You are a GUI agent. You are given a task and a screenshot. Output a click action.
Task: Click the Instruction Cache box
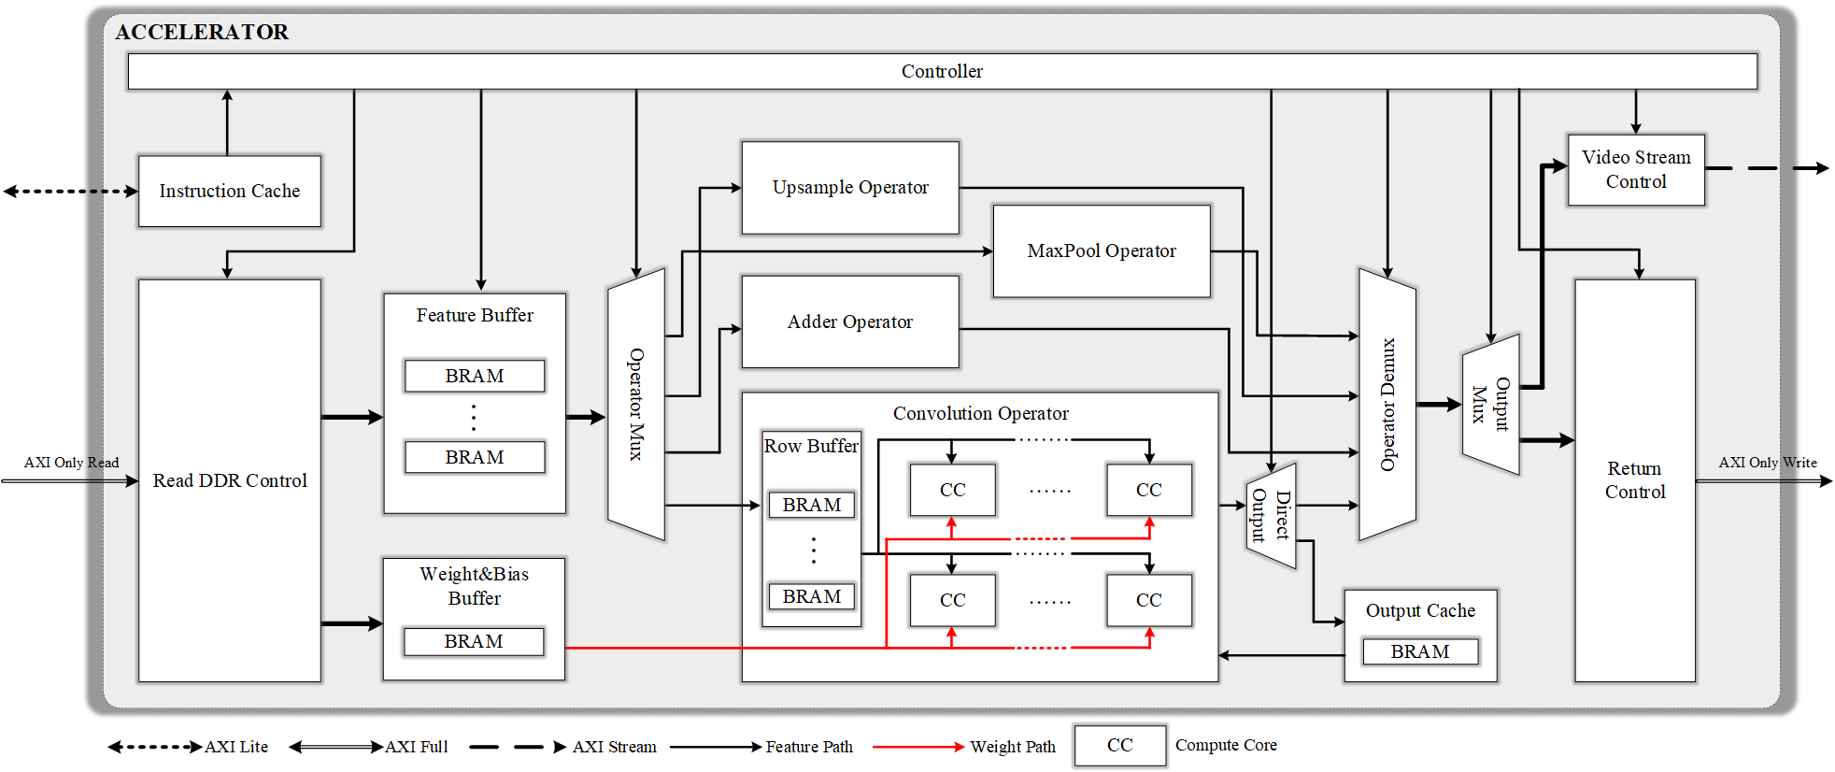tap(229, 191)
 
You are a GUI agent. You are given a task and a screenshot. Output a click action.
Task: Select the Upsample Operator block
tap(850, 187)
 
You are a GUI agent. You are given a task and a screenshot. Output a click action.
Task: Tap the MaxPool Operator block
tap(1101, 250)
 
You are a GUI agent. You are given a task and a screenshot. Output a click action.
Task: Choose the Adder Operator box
tap(850, 322)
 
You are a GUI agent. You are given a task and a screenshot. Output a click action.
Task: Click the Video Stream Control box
tap(1636, 169)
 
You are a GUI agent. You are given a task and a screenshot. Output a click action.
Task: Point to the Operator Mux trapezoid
tap(636, 405)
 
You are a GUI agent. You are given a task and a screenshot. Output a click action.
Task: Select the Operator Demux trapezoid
tap(1387, 405)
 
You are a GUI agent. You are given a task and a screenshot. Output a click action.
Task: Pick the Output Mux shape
tap(1490, 405)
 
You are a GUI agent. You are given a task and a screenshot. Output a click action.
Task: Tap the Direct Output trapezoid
tap(1271, 516)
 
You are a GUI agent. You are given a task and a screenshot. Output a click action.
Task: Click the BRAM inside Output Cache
tap(1420, 651)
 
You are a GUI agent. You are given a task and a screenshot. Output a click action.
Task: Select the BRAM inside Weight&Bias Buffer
tap(474, 641)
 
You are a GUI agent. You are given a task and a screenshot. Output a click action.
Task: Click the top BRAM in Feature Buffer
tap(475, 376)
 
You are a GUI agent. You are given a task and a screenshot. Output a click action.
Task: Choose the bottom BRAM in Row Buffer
tap(812, 596)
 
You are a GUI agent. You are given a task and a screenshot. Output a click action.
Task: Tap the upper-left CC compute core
tap(952, 490)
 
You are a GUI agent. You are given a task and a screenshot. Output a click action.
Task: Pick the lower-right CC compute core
tap(1148, 600)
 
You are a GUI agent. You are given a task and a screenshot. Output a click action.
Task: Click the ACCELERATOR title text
tap(202, 32)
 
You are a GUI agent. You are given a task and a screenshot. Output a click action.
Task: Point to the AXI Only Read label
tap(71, 463)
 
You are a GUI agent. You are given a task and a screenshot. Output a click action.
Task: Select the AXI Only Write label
tap(1768, 463)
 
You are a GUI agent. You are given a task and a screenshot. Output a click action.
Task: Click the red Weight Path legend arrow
tap(917, 747)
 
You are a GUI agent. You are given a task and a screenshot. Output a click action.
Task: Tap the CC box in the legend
tap(1119, 745)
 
